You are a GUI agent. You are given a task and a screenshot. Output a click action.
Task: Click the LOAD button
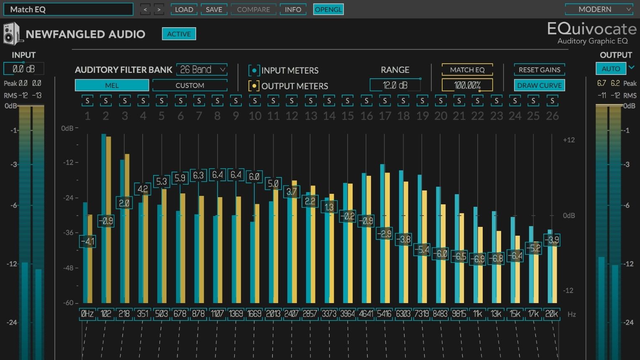point(184,10)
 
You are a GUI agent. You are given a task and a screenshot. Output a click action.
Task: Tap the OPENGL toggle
point(328,10)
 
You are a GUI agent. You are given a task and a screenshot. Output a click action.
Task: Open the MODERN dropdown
point(599,10)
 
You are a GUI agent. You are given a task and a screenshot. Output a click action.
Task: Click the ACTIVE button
point(179,34)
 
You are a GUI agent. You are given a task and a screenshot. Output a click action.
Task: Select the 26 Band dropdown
point(202,69)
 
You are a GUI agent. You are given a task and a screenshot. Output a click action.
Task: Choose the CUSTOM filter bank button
point(190,85)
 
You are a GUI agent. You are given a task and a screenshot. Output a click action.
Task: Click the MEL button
point(112,85)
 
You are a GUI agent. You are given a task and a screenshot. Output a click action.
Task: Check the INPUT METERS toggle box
point(254,70)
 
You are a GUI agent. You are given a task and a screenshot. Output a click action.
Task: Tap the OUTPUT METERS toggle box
point(254,86)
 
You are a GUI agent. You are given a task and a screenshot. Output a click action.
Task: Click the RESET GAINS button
point(540,69)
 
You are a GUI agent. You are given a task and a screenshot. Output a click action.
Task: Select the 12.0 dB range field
point(395,85)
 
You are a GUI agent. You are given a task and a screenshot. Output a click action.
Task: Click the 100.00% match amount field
point(467,85)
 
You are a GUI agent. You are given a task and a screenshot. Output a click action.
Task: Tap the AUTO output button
point(611,69)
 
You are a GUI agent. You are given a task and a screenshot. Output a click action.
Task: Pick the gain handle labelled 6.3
point(198,175)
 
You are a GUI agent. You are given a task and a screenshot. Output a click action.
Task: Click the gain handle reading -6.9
point(477,259)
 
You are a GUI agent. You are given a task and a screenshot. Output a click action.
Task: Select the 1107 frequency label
point(217,314)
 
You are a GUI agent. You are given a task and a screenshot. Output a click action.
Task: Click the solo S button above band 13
point(310,100)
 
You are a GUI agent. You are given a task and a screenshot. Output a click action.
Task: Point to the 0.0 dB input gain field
point(24,69)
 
